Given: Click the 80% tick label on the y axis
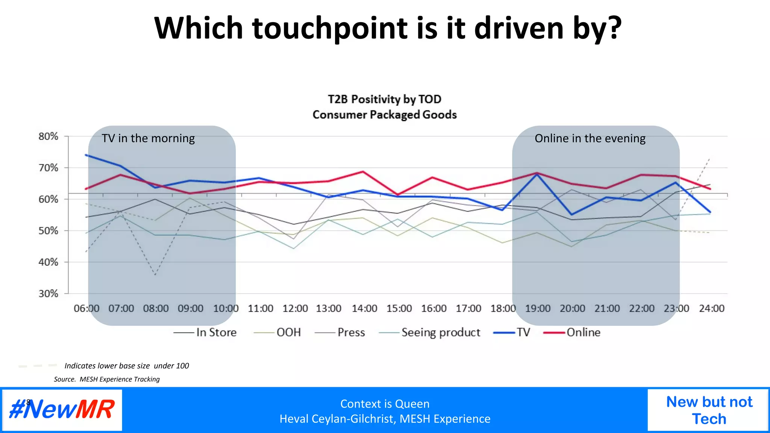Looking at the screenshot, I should click(49, 136).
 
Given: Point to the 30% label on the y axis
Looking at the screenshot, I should click(49, 294).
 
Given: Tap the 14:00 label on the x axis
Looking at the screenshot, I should click(364, 309).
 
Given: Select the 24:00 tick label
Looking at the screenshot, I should click(711, 309).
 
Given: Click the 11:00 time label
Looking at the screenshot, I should click(260, 309).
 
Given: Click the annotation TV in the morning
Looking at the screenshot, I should click(148, 138).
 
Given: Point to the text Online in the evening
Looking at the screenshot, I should click(590, 138).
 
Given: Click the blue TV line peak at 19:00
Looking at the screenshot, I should click(537, 174).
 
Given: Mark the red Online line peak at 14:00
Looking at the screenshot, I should click(363, 172).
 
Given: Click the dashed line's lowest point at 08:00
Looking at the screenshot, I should click(155, 275).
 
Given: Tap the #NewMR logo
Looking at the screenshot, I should click(62, 410).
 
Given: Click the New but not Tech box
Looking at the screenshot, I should click(709, 410).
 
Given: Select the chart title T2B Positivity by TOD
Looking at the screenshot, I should click(384, 99).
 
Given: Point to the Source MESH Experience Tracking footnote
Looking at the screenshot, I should click(107, 379).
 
